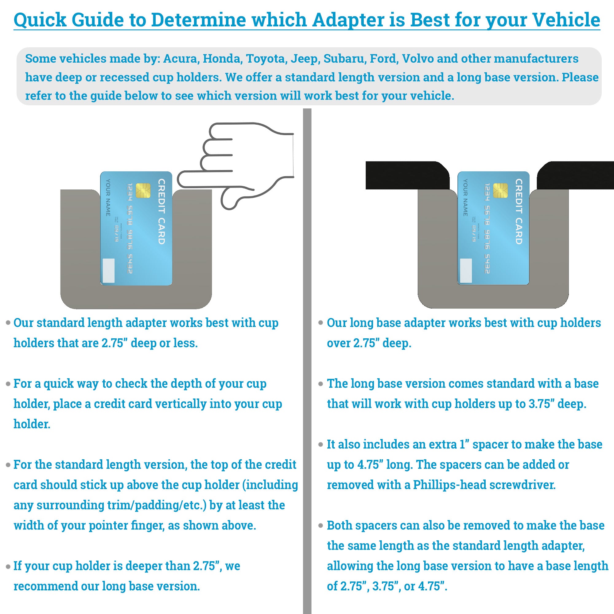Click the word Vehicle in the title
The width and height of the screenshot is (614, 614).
[566, 20]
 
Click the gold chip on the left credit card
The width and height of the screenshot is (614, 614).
[143, 190]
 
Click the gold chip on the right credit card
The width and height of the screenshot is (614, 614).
[500, 190]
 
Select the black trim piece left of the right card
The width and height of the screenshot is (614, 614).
[407, 175]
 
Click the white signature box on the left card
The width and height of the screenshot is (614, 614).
[109, 270]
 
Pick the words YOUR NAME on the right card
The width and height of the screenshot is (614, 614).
[465, 197]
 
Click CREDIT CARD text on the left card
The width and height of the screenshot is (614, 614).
[161, 211]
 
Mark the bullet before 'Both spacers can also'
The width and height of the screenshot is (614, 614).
[321, 526]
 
